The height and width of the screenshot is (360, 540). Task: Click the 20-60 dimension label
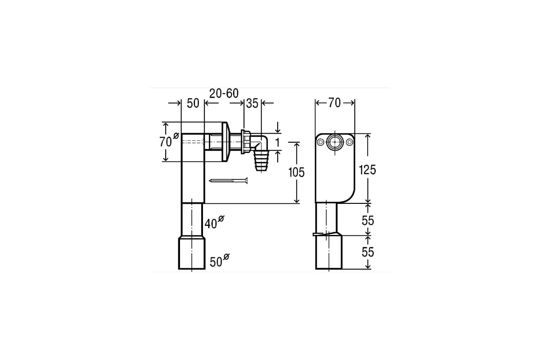click(224, 93)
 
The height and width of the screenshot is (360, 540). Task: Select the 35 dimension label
click(252, 103)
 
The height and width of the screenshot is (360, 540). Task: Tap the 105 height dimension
click(296, 172)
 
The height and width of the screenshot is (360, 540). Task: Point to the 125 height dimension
click(367, 170)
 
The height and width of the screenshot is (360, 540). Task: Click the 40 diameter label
click(214, 222)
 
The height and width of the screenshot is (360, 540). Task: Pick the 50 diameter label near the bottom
click(220, 261)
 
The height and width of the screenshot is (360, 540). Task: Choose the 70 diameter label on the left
click(169, 140)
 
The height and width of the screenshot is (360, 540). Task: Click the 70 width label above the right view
click(335, 103)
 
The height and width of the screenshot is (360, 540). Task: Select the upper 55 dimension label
click(368, 220)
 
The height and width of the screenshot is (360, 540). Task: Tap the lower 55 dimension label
click(368, 252)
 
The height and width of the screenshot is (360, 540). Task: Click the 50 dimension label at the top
click(193, 103)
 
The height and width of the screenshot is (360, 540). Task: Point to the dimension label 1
click(278, 142)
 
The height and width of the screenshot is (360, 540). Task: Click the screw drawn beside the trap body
click(228, 180)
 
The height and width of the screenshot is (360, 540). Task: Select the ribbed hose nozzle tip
click(261, 161)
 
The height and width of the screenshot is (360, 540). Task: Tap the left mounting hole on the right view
click(320, 142)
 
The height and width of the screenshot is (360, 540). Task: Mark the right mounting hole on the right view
click(350, 142)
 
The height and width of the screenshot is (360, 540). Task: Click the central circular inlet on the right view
click(335, 142)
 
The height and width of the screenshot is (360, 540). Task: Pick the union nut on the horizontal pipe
click(246, 142)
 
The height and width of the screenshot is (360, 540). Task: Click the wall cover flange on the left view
click(225, 142)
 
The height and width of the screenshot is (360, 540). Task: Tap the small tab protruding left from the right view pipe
click(316, 234)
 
